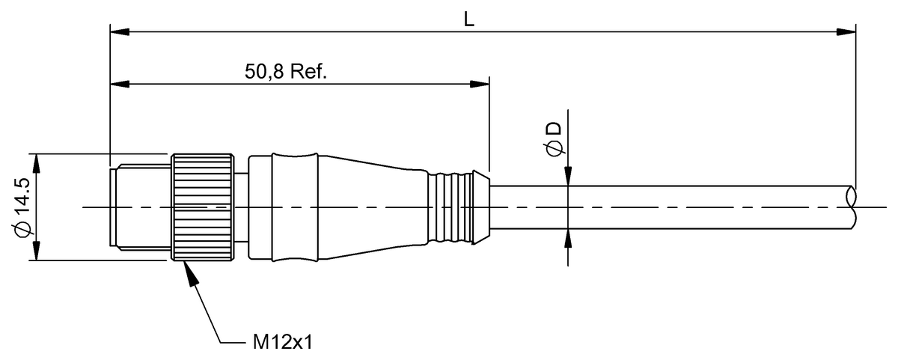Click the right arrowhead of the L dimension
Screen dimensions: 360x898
tap(846, 31)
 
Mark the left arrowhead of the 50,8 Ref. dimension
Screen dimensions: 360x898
tap(120, 82)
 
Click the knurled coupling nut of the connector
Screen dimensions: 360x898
tap(202, 207)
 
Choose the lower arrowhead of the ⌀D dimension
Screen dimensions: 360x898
tap(569, 238)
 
